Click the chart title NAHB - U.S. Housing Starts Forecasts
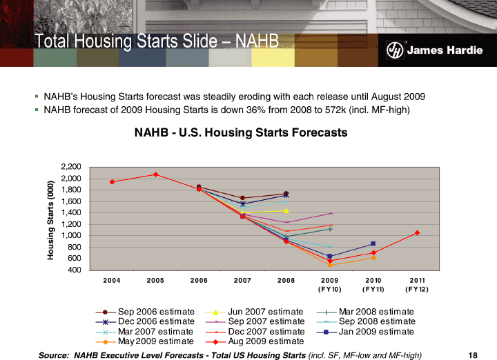(x=241, y=132)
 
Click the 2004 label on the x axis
(x=112, y=280)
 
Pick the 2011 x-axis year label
(x=417, y=280)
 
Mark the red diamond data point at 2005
(x=156, y=174)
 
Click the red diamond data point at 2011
(x=418, y=232)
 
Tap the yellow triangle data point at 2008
(x=286, y=210)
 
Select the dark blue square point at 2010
(x=373, y=243)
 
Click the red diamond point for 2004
(x=112, y=181)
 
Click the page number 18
(x=473, y=354)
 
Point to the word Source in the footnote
(x=56, y=354)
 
